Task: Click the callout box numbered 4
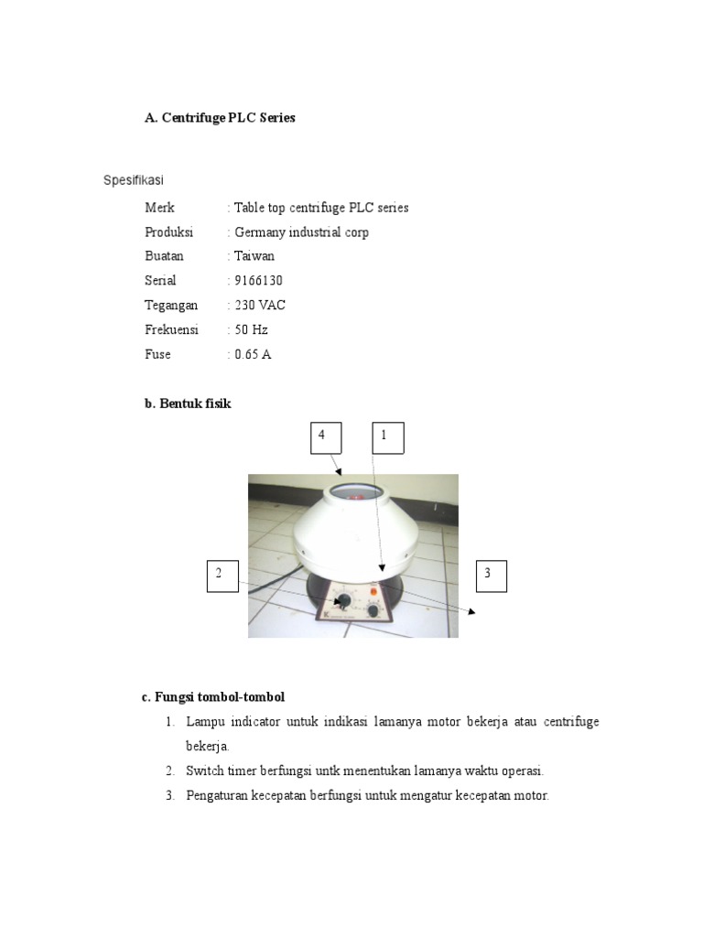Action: tap(325, 437)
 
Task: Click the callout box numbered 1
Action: tap(387, 437)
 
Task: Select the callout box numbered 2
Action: tap(222, 576)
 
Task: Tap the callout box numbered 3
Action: tap(491, 576)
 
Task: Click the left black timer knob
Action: tap(344, 601)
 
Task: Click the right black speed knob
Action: tap(373, 609)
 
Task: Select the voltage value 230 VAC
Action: tap(260, 306)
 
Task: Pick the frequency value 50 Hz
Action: tap(251, 329)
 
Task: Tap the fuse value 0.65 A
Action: tap(253, 354)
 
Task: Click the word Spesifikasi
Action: tap(133, 180)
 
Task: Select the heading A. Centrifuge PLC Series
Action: tap(220, 118)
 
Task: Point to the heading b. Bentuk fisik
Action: tap(188, 404)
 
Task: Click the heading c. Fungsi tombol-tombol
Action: tap(213, 697)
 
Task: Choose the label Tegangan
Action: tap(171, 306)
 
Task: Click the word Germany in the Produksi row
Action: tap(260, 232)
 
